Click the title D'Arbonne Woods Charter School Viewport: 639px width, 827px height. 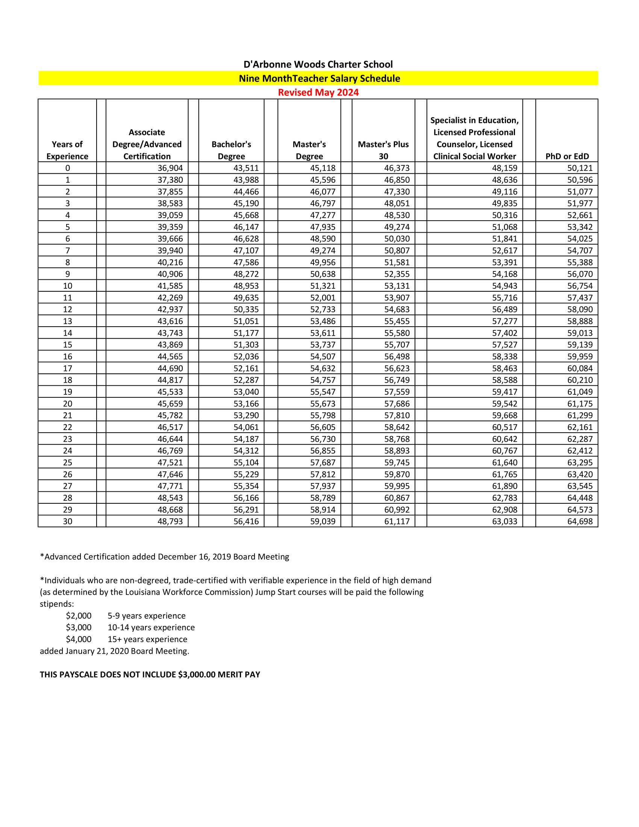point(318,64)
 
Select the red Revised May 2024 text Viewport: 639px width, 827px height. point(318,92)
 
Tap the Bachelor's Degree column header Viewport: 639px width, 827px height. point(231,150)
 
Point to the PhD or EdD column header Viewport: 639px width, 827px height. point(567,156)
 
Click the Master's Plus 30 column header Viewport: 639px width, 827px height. point(383,150)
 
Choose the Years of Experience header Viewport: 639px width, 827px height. point(67,150)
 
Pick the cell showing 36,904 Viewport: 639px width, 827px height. point(170,168)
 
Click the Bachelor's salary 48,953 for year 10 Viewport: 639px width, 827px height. point(246,286)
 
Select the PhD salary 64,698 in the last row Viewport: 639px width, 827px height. point(580,521)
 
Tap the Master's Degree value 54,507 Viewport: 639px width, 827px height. point(323,356)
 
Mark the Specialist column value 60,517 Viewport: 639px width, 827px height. point(504,427)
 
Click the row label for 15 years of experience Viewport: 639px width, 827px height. point(67,345)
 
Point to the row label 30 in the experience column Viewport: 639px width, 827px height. point(67,521)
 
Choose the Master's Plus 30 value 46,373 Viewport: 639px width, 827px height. point(397,168)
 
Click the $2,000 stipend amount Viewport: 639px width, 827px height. point(79,616)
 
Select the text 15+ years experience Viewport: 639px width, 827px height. point(147,639)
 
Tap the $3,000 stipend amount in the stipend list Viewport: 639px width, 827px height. point(79,627)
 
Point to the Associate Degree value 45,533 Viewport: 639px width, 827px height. point(170,392)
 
